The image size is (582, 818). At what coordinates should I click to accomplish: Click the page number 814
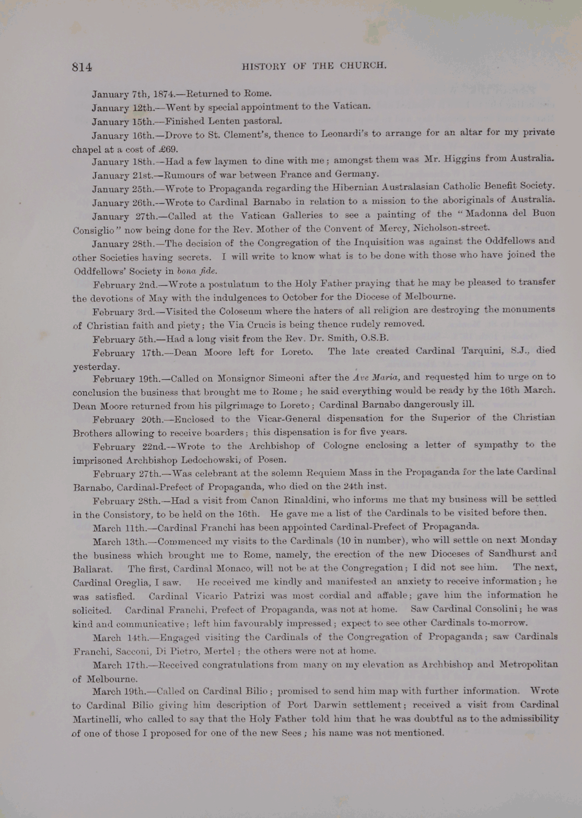(82, 67)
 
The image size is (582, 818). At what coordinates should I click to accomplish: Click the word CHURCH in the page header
(363, 66)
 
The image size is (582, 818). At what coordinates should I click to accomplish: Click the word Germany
(356, 174)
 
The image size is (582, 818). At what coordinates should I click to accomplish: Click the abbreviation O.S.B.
(374, 337)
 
